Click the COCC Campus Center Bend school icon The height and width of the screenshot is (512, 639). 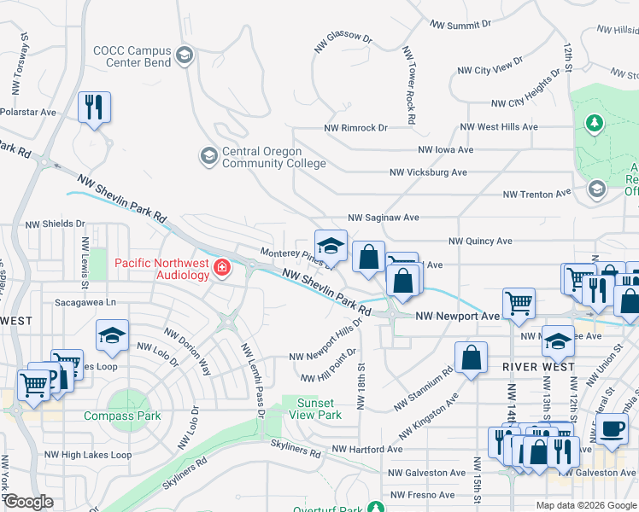coord(184,57)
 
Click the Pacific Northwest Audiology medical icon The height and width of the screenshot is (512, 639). coord(222,269)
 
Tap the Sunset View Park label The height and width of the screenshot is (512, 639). coord(319,409)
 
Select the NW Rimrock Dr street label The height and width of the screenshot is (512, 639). coord(355,127)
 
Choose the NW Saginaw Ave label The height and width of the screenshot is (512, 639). coord(383,218)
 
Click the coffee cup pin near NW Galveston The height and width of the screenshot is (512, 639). coord(612,429)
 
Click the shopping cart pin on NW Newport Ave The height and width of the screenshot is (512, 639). coord(519,303)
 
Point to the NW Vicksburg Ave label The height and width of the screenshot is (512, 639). coord(428,172)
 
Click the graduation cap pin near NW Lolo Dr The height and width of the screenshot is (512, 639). coord(112,335)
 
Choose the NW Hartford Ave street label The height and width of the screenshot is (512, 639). coord(367,449)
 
